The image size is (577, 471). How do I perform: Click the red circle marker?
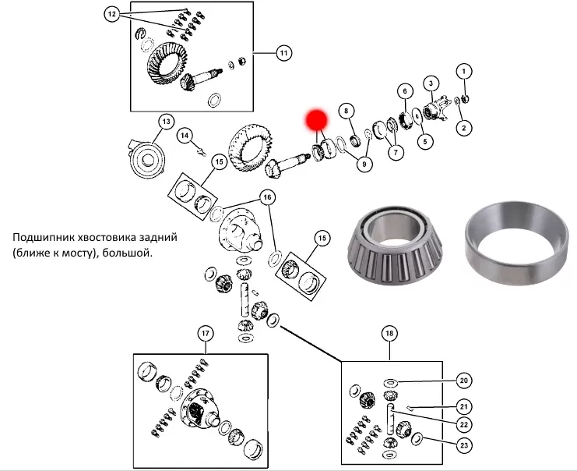(x=316, y=119)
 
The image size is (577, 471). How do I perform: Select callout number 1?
(x=463, y=72)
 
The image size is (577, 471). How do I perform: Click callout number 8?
(x=347, y=111)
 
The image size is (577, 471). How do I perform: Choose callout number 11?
(x=283, y=54)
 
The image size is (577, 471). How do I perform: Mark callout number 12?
(x=111, y=15)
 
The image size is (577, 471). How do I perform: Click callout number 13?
(x=165, y=122)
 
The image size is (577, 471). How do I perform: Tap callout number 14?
(x=185, y=136)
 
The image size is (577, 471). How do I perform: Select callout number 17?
(x=205, y=334)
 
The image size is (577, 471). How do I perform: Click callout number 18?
(x=389, y=334)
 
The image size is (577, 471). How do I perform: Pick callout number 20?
(x=463, y=381)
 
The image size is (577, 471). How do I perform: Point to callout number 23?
(x=463, y=447)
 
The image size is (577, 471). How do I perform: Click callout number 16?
(x=267, y=197)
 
